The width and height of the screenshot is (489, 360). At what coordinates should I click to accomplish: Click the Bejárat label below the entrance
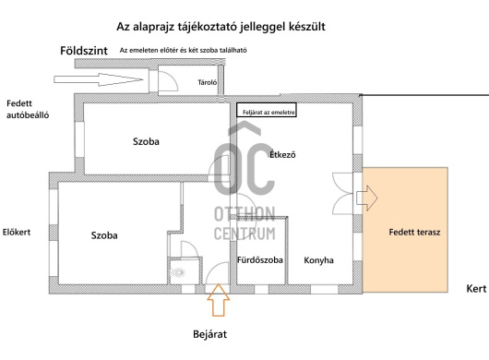click(218, 333)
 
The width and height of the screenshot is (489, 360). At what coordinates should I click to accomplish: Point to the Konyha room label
click(318, 260)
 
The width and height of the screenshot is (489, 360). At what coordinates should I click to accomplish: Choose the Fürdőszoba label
click(261, 260)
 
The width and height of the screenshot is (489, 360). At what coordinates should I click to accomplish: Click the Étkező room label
click(282, 155)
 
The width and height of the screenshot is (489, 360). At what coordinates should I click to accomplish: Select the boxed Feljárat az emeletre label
click(268, 110)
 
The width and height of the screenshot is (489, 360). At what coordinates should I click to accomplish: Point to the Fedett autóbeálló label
click(27, 111)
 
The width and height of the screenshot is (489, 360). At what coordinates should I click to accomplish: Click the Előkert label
click(18, 233)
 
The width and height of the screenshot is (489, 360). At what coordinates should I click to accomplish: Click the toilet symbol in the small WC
click(177, 272)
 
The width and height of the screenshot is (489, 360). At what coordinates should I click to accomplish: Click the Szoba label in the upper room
click(146, 142)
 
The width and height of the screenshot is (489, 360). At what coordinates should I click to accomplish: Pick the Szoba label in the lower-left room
click(104, 235)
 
